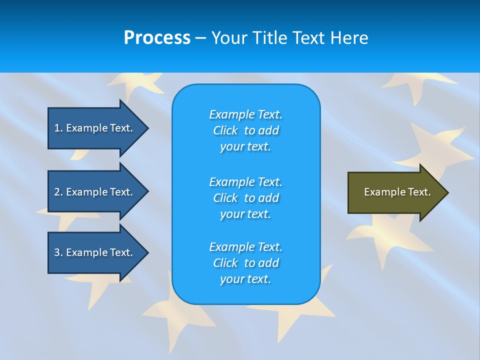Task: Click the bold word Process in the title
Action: point(157,38)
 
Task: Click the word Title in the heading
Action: point(268,38)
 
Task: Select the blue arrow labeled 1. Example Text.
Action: point(95,128)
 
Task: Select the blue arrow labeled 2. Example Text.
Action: point(95,192)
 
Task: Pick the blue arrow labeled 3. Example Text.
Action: point(95,252)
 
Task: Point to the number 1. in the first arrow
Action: point(58,128)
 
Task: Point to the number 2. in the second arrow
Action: point(58,192)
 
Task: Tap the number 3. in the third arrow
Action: point(58,252)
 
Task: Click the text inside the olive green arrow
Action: point(397,192)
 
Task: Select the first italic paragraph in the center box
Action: point(245,130)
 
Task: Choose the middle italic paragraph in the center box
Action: point(245,198)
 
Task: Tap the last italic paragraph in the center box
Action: point(245,263)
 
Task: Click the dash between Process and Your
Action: point(200,38)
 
